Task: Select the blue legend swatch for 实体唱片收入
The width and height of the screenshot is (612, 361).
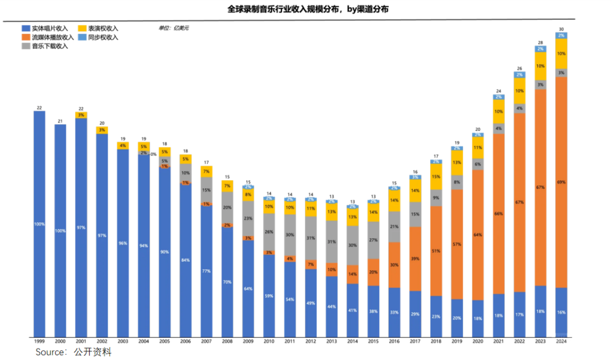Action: pyautogui.click(x=25, y=28)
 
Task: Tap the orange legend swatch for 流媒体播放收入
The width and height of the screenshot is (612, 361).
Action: pyautogui.click(x=25, y=37)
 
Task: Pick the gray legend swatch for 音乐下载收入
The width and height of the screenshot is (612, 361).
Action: pyautogui.click(x=25, y=46)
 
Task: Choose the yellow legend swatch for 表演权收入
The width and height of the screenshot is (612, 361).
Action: pyautogui.click(x=82, y=28)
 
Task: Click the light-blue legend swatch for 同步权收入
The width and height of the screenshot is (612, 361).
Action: pyautogui.click(x=82, y=37)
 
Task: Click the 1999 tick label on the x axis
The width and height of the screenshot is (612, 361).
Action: pyautogui.click(x=39, y=342)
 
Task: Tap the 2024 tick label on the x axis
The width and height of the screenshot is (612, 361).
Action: pyautogui.click(x=561, y=342)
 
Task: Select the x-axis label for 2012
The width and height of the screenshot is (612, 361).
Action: pyautogui.click(x=311, y=342)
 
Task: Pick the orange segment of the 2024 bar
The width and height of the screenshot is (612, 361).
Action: pyautogui.click(x=561, y=182)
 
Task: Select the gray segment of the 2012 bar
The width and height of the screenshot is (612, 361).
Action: pyautogui.click(x=311, y=238)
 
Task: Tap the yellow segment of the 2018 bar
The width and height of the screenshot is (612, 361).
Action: pyautogui.click(x=436, y=176)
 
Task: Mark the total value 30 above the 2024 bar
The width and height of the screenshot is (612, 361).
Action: pyautogui.click(x=561, y=29)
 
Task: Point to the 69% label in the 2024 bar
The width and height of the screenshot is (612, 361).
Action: pyautogui.click(x=561, y=182)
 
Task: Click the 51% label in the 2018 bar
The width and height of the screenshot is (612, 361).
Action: pyautogui.click(x=436, y=250)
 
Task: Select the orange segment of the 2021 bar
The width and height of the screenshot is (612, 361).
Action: pyautogui.click(x=499, y=214)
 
